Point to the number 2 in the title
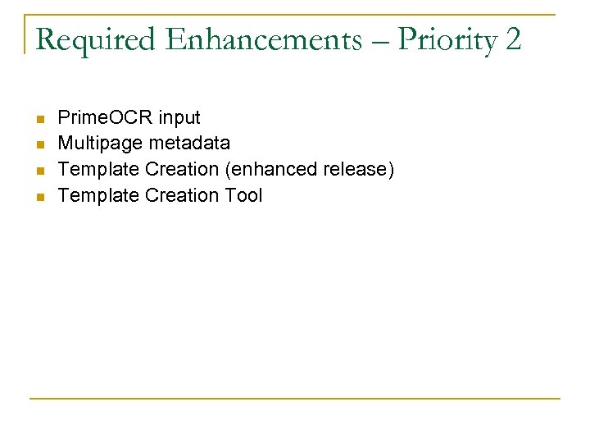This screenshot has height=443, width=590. click(513, 39)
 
